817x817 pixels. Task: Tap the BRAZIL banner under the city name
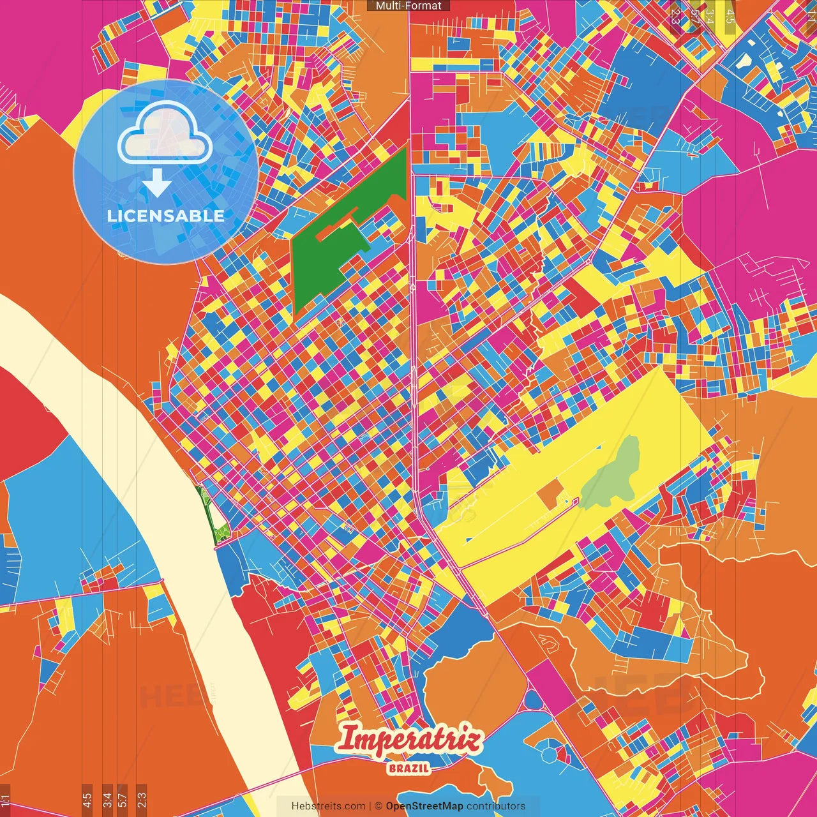point(408,768)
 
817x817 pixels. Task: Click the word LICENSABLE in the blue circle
point(165,216)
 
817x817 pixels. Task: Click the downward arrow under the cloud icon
point(156,185)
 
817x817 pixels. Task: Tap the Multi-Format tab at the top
point(408,6)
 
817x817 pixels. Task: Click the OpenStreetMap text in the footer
point(424,806)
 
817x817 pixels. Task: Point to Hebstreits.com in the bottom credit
point(328,806)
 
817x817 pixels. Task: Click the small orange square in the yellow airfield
point(550,493)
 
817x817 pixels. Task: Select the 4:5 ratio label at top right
point(730,14)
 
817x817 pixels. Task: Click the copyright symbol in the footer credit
point(378,806)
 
